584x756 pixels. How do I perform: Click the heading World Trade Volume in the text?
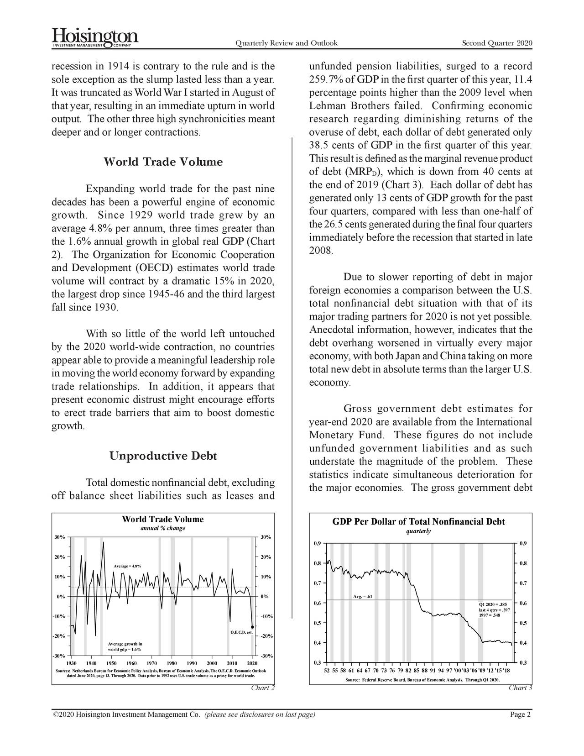click(163, 162)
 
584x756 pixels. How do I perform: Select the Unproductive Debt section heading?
click(163, 456)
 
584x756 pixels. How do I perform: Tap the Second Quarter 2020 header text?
click(497, 43)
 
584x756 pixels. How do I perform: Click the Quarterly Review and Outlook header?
click(286, 43)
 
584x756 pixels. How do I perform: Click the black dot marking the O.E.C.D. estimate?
click(253, 627)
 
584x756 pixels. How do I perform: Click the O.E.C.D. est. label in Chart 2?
click(242, 632)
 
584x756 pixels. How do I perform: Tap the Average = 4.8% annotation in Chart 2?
click(127, 567)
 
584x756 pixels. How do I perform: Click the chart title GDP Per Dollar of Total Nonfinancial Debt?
click(418, 522)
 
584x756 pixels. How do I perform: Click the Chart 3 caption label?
click(520, 688)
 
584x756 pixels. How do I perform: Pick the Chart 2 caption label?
click(263, 688)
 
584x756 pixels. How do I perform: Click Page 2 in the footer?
click(520, 714)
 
